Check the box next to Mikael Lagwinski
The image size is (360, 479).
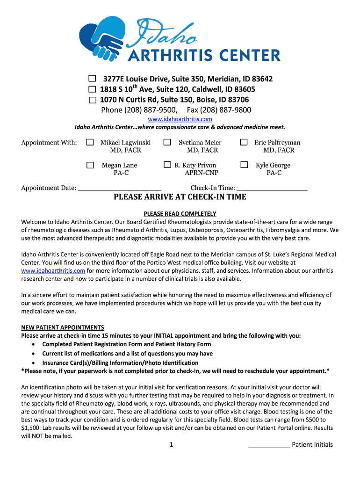(90, 142)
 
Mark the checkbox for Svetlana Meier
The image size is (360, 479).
(167, 142)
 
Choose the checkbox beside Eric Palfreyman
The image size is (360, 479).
(244, 142)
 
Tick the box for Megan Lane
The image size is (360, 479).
(90, 165)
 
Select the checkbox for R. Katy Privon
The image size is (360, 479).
(167, 165)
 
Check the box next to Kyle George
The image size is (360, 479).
(244, 165)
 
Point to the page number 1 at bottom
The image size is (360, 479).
(172, 445)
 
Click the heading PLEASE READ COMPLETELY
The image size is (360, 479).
(180, 213)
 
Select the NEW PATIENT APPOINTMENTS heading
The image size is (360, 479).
(63, 327)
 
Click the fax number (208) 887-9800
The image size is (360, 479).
(219, 110)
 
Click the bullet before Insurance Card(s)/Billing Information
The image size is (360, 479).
(34, 363)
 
